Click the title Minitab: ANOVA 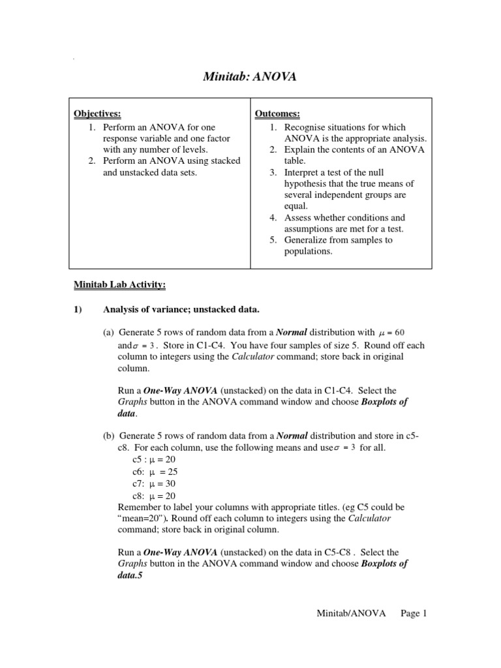250,77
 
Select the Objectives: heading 97,114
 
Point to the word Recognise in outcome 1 305,127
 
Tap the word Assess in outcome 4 298,217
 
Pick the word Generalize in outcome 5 307,240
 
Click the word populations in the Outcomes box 308,251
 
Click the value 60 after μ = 408,332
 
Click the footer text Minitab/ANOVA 351,613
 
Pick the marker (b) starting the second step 108,436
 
